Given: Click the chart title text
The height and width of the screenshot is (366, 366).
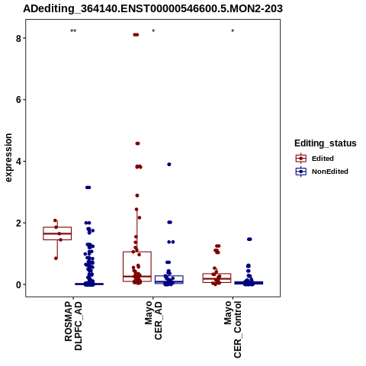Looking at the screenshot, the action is [152, 9].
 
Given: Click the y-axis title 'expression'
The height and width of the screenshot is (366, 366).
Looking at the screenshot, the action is [8, 158].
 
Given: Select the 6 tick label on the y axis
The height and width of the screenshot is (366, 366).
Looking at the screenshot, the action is [18, 100].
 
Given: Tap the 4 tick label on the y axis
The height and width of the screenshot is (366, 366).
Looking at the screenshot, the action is [18, 162].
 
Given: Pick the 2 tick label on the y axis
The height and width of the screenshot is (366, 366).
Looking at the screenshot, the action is [18, 223].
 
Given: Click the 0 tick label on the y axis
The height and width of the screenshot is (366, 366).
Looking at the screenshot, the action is [18, 284].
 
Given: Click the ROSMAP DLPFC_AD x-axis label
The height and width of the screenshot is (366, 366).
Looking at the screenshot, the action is [73, 326].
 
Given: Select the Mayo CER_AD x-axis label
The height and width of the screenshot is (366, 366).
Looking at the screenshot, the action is [153, 320].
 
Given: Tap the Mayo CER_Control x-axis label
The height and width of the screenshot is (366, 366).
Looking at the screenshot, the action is [233, 329].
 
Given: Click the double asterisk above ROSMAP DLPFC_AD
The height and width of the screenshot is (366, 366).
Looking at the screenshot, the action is [73, 31].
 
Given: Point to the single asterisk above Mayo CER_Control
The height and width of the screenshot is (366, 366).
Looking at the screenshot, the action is [233, 31].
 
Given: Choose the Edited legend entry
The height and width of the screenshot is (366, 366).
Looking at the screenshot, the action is [314, 159].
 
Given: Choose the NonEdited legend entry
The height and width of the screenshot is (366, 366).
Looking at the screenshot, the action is [322, 172].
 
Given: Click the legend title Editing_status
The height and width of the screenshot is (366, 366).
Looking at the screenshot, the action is [326, 143].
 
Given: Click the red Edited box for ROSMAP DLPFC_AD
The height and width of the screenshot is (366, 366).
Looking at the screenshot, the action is [57, 233].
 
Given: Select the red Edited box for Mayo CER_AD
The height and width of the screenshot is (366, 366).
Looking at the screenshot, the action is [137, 267].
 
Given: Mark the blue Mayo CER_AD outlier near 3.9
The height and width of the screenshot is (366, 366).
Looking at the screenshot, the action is [169, 165].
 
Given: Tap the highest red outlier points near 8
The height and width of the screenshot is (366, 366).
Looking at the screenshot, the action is [136, 35].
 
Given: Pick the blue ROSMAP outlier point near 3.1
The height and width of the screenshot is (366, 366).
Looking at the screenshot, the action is [88, 188].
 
